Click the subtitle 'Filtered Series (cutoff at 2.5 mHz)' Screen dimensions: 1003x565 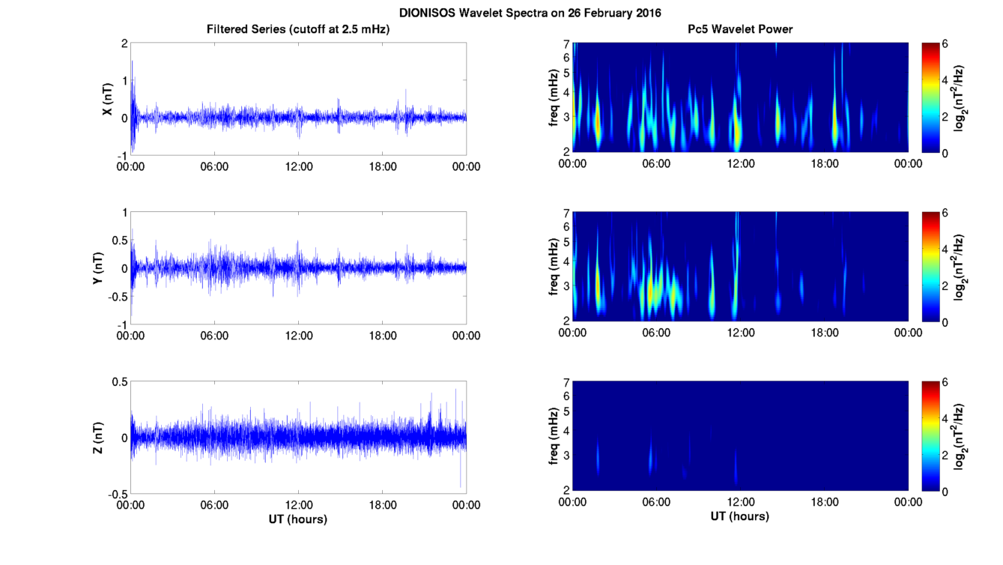(x=298, y=29)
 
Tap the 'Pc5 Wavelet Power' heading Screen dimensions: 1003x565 (x=740, y=29)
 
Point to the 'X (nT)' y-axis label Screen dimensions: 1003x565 (x=107, y=99)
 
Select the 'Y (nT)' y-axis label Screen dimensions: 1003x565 (x=97, y=268)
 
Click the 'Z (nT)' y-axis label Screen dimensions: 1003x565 (x=97, y=438)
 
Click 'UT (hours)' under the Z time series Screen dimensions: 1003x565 (x=298, y=519)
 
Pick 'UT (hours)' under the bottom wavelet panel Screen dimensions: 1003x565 (x=740, y=516)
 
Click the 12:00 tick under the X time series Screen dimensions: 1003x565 (x=299, y=166)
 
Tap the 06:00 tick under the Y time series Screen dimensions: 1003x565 (x=214, y=336)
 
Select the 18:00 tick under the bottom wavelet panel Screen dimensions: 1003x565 (x=824, y=502)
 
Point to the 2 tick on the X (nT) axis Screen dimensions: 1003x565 (x=124, y=43)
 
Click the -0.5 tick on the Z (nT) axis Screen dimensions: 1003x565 (x=118, y=495)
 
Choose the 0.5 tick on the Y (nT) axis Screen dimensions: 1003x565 (x=120, y=241)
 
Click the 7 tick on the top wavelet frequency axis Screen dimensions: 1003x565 (x=566, y=44)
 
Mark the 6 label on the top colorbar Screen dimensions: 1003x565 (x=945, y=43)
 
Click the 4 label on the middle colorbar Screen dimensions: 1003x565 (x=945, y=249)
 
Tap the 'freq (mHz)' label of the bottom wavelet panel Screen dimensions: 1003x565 (x=554, y=436)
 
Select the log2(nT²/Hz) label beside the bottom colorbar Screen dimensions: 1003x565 (x=959, y=438)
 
